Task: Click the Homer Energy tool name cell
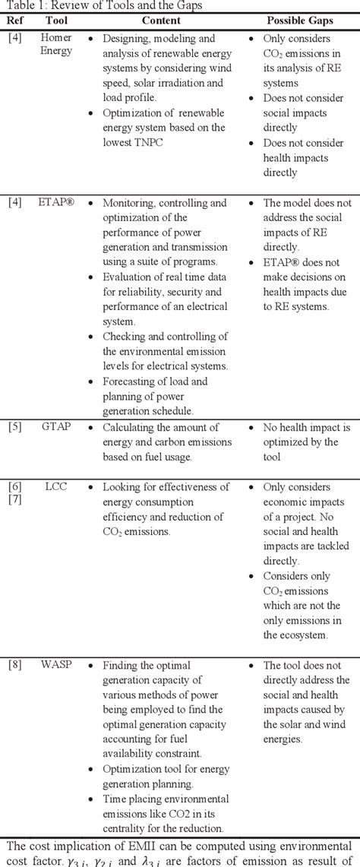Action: (57, 44)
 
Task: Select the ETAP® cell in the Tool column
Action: (58, 203)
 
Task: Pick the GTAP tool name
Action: (58, 427)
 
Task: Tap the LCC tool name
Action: (58, 487)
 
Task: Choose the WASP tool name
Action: (58, 665)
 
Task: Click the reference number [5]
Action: (14, 427)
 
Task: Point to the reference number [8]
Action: (14, 665)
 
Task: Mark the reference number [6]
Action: (14, 487)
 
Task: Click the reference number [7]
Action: (14, 502)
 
